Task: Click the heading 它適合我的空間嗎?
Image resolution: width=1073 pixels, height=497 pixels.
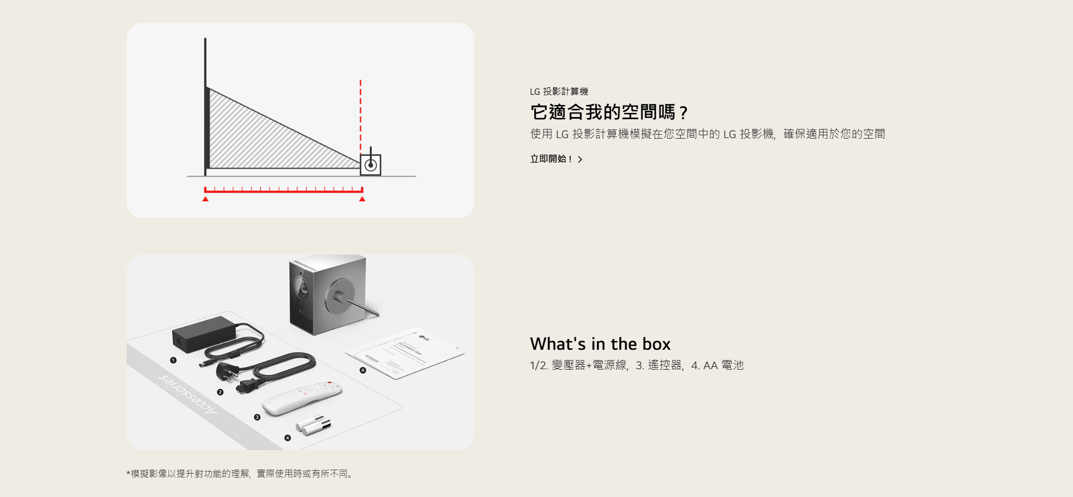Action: tap(609, 112)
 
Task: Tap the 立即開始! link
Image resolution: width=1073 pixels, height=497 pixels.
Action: tap(556, 159)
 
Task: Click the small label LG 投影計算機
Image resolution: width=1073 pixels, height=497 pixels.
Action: tap(559, 91)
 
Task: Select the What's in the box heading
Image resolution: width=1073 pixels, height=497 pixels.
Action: tap(600, 344)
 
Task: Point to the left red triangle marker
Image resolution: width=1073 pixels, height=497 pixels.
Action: tap(205, 199)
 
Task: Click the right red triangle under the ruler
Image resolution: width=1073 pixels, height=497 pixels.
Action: tap(362, 199)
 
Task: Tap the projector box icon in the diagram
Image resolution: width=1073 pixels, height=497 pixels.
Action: tap(371, 165)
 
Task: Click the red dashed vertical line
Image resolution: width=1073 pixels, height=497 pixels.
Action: tap(360, 114)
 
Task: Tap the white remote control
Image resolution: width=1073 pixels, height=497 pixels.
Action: tap(302, 397)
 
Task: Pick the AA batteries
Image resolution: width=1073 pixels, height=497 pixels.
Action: tap(313, 425)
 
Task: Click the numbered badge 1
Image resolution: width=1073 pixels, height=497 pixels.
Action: tap(173, 360)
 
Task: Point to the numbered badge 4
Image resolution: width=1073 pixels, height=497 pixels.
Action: tap(287, 438)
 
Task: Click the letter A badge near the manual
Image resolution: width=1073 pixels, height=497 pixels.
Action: tap(363, 370)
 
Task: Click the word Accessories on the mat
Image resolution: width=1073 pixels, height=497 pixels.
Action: tap(188, 394)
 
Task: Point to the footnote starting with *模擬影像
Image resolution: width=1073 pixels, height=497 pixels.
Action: tap(240, 474)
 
